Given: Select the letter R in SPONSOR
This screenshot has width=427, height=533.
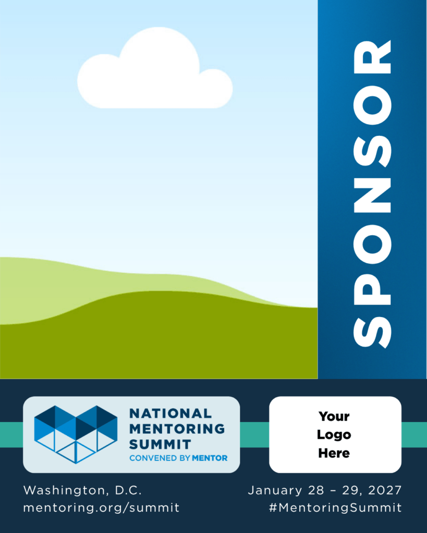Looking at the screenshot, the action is pyautogui.click(x=372, y=57).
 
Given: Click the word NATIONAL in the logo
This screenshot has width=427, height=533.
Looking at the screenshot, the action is pyautogui.click(x=170, y=413).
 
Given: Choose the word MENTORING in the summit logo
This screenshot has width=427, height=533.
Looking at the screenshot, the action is pyautogui.click(x=177, y=429).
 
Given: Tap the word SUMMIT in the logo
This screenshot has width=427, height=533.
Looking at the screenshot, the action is pyautogui.click(x=160, y=445).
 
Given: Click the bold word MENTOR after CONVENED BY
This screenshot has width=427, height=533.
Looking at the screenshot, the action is pyautogui.click(x=210, y=458).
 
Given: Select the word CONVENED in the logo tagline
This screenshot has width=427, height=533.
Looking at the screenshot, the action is pyautogui.click(x=153, y=458).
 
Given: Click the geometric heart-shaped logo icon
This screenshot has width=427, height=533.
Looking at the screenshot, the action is pyautogui.click(x=76, y=434).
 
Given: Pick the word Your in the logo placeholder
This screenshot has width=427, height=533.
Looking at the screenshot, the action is pyautogui.click(x=334, y=416).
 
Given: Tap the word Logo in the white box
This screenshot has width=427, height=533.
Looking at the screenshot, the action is pyautogui.click(x=334, y=435).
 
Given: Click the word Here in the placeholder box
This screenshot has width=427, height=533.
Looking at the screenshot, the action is pyautogui.click(x=334, y=453).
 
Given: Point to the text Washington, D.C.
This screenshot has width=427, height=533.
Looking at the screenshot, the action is pyautogui.click(x=82, y=490).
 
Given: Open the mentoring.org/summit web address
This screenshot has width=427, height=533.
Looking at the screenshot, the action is pyautogui.click(x=101, y=508).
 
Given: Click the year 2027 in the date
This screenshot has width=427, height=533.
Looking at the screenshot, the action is pyautogui.click(x=385, y=490).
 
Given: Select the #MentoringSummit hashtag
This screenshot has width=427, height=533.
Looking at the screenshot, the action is pyautogui.click(x=335, y=508).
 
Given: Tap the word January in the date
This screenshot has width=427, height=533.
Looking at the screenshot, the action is pyautogui.click(x=275, y=491).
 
